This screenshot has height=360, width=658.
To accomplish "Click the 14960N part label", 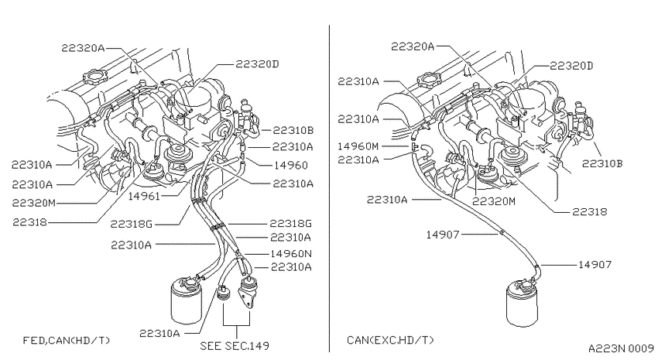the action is (291, 253).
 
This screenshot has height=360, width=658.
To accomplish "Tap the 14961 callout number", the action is (144, 196).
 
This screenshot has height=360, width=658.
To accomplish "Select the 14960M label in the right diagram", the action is (358, 146).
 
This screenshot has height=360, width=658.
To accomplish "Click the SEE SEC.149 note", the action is (235, 346).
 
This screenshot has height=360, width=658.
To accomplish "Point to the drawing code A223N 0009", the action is (621, 348).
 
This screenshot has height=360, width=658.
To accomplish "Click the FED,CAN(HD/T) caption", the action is (67, 341).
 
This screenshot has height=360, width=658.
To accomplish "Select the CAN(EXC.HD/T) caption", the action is (390, 341).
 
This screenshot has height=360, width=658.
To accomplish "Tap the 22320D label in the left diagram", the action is (257, 63).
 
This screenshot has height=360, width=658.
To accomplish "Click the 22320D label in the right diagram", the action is (571, 66).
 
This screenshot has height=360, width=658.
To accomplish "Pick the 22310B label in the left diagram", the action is (293, 130).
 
